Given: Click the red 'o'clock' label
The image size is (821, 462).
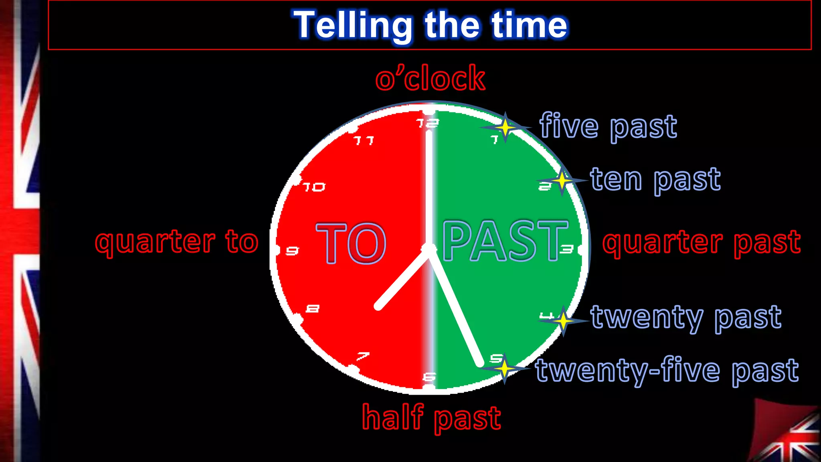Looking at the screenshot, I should click(430, 78).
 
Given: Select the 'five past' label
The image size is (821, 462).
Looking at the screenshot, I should click(608, 126).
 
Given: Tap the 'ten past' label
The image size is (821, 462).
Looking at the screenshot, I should click(655, 179).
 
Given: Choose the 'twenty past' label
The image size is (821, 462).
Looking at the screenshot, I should click(686, 317).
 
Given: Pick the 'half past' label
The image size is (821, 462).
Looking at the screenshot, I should click(431, 417).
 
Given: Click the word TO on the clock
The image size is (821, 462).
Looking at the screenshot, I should click(351, 243).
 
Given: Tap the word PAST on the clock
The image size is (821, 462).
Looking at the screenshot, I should click(505, 241).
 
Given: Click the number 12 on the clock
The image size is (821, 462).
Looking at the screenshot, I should click(427, 123).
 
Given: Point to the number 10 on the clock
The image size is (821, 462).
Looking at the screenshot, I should click(314, 187).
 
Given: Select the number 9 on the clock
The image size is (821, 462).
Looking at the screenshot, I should click(292, 251).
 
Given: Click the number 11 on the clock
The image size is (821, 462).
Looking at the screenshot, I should click(364, 140).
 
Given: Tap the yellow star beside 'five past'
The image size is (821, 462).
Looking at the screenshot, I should click(505, 127).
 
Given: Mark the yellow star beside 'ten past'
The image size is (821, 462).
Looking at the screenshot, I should click(562, 181).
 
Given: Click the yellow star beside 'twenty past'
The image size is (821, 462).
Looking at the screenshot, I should click(563, 321).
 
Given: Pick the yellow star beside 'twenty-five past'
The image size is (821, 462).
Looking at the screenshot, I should click(504, 368).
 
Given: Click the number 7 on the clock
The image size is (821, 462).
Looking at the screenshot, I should click(363, 356).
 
